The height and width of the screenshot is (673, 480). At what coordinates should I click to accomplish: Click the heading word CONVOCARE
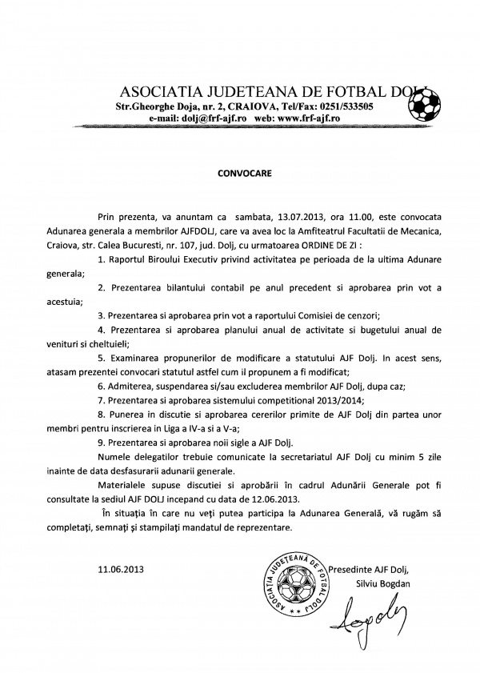[x=239, y=172]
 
